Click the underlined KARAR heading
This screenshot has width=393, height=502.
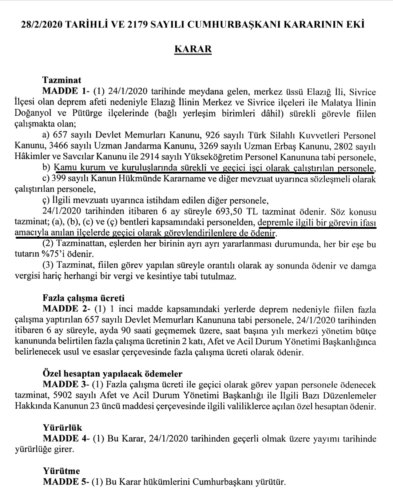193,49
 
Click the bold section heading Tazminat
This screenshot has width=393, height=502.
62,80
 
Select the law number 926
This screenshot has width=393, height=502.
213,135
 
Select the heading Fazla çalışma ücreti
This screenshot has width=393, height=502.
83,298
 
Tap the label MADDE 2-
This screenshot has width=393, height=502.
66,309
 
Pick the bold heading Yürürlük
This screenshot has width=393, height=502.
63,427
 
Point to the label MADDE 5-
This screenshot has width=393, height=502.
66,482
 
